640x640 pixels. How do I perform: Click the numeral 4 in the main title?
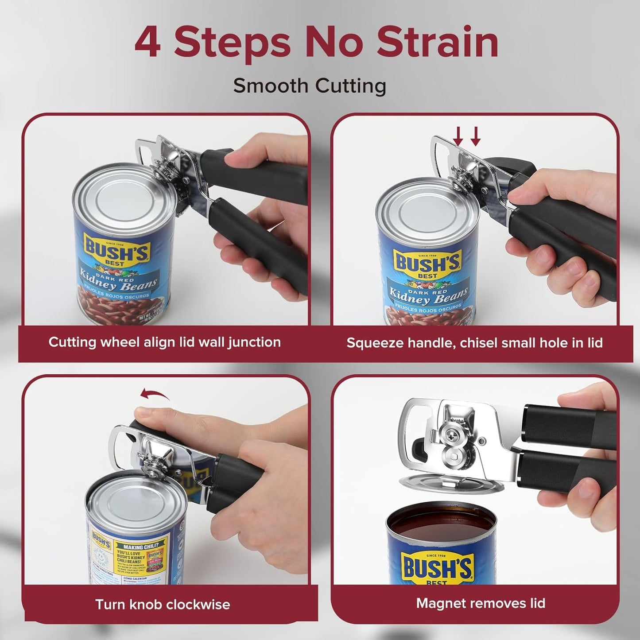click(147, 43)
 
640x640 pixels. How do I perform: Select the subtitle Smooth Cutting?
click(310, 85)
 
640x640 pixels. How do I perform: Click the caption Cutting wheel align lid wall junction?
click(164, 342)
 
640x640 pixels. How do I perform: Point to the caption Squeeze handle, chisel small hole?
click(474, 342)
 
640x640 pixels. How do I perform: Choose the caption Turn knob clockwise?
click(163, 605)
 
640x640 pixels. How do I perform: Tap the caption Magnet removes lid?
click(481, 603)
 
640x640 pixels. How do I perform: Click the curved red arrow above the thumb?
click(155, 394)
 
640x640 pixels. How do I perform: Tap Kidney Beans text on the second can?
click(428, 296)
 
